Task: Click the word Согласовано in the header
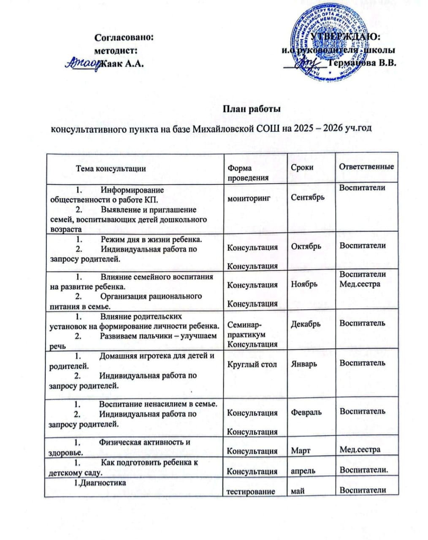click(123, 37)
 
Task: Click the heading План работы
click(252, 109)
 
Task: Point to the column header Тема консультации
click(111, 168)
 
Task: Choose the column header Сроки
click(302, 167)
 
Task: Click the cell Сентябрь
click(308, 197)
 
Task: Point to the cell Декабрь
click(306, 324)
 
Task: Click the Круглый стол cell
click(252, 364)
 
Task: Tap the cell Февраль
click(306, 412)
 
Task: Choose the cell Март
click(301, 451)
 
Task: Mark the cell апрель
click(303, 471)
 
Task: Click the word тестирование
click(251, 491)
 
